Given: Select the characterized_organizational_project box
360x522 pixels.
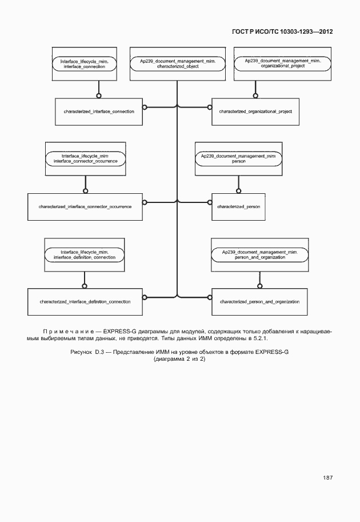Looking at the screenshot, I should coord(255,111).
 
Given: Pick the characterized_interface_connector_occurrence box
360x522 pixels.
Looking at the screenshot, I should coord(85,206).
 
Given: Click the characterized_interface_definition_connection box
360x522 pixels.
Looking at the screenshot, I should coord(85,301).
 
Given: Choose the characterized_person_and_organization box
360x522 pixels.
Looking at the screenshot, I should coord(255,301).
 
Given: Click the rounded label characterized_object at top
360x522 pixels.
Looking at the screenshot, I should coord(177,63).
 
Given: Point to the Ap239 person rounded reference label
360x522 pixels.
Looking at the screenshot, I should coord(239,158).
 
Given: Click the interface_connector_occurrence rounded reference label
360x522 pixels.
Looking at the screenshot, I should coord(85,158).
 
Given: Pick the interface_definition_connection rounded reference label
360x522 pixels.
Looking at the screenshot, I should coord(85,254).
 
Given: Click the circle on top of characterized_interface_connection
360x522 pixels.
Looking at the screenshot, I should coord(98,95).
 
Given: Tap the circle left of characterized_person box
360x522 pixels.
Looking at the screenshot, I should coord(208,201).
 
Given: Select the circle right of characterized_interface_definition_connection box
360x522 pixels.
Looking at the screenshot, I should coord(145,297).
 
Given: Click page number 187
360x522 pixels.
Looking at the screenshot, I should coord(327,477).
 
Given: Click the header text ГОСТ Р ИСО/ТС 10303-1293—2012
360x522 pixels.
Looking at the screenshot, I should coord(282,33).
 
